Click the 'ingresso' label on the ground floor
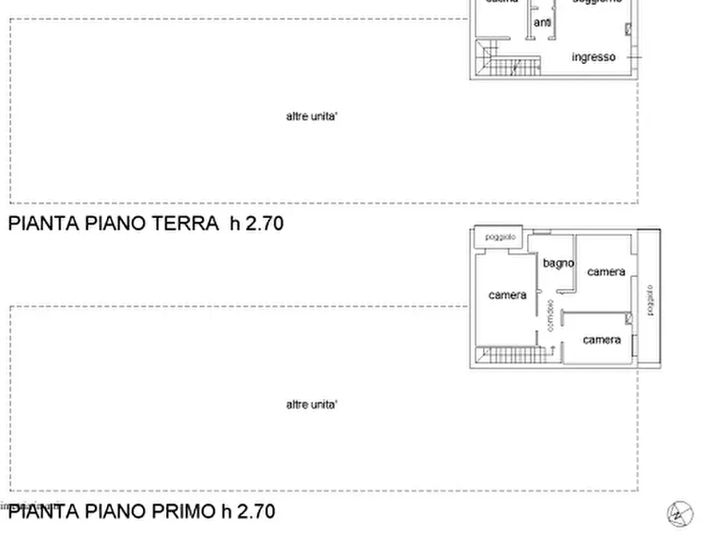click(x=593, y=57)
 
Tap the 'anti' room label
click(x=542, y=23)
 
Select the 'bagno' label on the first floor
click(x=558, y=263)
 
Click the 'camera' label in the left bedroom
click(x=507, y=295)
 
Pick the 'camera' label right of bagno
click(x=606, y=271)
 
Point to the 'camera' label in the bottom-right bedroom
click(x=601, y=339)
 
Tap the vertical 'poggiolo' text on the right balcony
click(x=650, y=300)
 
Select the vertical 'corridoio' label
click(x=549, y=316)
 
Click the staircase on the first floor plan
click(x=511, y=355)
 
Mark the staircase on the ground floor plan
click(x=511, y=65)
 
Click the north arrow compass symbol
click(x=679, y=513)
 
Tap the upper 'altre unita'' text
click(x=311, y=116)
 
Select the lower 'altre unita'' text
click(x=311, y=405)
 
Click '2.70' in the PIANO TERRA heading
click(x=264, y=223)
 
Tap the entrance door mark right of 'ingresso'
click(x=634, y=57)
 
